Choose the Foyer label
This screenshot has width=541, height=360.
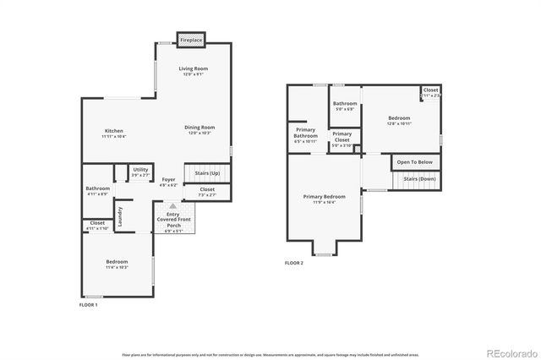(169, 181)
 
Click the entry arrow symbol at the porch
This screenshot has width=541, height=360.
(172, 205)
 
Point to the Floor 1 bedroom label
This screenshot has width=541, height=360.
(117, 264)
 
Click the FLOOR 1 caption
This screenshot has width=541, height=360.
(88, 304)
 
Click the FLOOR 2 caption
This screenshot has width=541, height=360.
(293, 264)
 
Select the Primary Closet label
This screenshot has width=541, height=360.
(342, 138)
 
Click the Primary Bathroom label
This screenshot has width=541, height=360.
(305, 134)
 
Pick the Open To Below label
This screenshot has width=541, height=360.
(414, 161)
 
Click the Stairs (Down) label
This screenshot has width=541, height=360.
(419, 179)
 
